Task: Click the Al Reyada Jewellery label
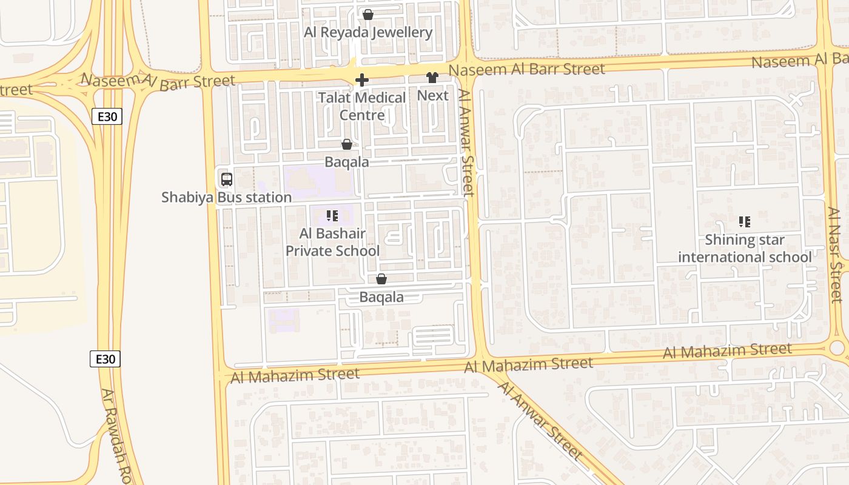click(368, 32)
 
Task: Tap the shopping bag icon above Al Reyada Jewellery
click(367, 15)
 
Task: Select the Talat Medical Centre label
click(362, 106)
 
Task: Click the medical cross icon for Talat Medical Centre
click(362, 80)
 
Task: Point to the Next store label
click(433, 95)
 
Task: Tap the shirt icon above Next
click(432, 78)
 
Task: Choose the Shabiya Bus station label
click(226, 197)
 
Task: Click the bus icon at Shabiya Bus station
click(226, 179)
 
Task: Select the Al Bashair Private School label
click(332, 242)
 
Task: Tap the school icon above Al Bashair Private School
click(332, 216)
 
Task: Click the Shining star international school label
click(745, 249)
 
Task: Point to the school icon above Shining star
click(745, 222)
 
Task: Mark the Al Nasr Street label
click(835, 255)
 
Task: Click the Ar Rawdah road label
click(118, 436)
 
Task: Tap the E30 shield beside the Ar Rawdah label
click(106, 359)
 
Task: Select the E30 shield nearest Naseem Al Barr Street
click(107, 116)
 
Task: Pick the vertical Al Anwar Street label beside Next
click(466, 143)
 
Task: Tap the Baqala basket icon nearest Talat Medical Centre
click(347, 144)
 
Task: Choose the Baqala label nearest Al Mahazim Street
click(381, 297)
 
